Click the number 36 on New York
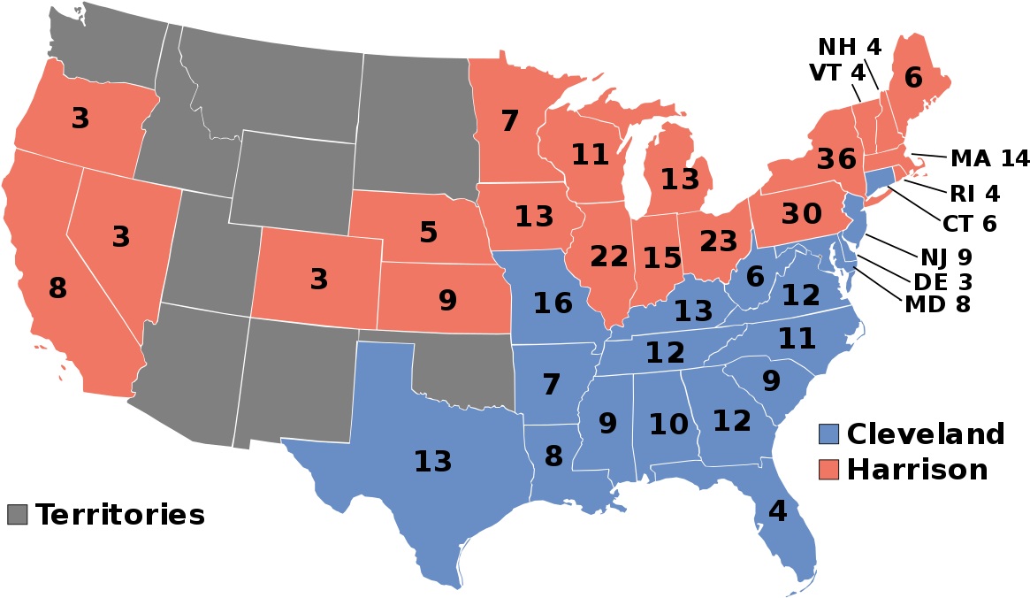pos(836,159)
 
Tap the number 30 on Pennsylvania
pos(801,214)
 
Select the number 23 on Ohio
pos(718,241)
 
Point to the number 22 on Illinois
pos(609,257)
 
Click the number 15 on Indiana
pos(662,258)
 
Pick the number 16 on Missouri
pos(553,303)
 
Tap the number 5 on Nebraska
pos(429,233)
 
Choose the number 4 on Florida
pos(777,511)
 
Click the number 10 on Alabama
pos(668,425)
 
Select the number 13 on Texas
pos(433,462)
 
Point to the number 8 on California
pos(57,288)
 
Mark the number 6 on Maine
pos(913,79)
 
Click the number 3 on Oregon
pos(80,119)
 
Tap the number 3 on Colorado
pos(319,280)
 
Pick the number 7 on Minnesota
pos(510,121)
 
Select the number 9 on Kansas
pos(448,301)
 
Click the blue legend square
pos(828,433)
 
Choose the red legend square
pos(828,469)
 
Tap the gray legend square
pos(17,514)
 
